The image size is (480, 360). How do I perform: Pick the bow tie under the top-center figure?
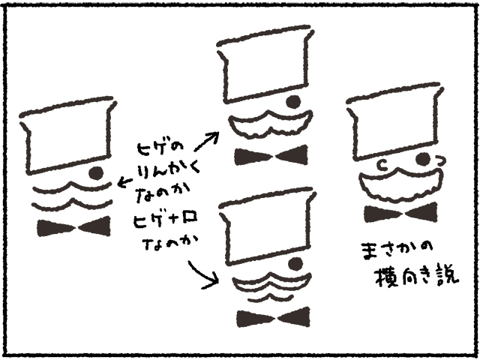(271, 156)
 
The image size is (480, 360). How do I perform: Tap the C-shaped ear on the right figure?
(383, 161)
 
